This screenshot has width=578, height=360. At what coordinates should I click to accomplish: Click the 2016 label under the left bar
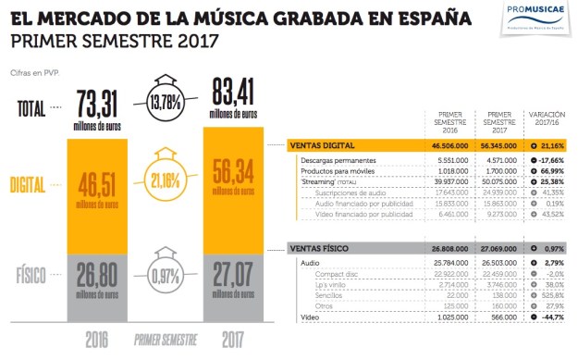tap(100, 340)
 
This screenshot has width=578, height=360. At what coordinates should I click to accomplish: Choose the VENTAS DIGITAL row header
tap(325, 146)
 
